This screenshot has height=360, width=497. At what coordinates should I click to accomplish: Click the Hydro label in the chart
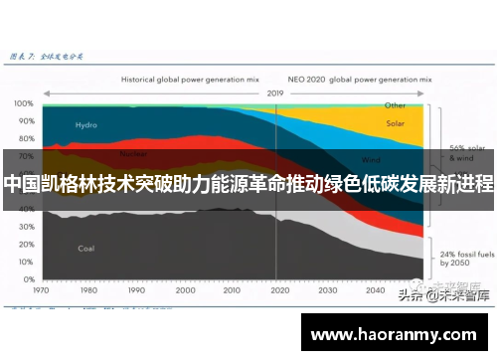point(85,125)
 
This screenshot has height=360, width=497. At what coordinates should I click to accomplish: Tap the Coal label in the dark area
point(85,248)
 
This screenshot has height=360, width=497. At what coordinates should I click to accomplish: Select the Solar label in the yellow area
point(396,124)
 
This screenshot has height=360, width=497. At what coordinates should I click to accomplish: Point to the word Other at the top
point(396,104)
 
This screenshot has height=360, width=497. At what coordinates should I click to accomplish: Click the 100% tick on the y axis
point(23,102)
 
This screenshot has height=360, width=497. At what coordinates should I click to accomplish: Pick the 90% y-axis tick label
point(24,119)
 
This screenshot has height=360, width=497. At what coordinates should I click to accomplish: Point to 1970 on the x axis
point(41,290)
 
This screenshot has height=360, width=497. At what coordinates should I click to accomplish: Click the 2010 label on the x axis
point(231,290)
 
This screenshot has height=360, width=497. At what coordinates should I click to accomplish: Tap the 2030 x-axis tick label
point(326,290)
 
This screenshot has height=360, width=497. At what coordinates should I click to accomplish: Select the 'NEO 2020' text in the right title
point(305,77)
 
